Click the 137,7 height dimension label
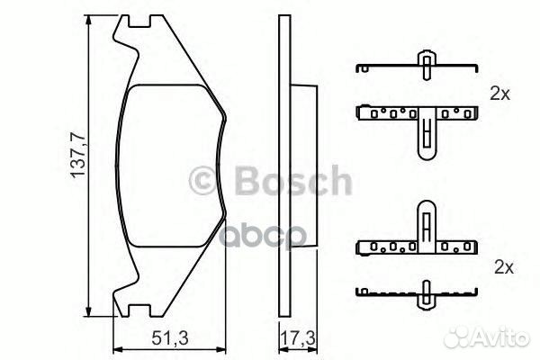(78, 155)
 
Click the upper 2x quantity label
(500, 94)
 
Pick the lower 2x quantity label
(504, 267)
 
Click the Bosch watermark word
(293, 180)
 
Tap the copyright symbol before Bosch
(204, 180)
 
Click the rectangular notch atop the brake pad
(139, 21)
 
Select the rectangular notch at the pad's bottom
(139, 310)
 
